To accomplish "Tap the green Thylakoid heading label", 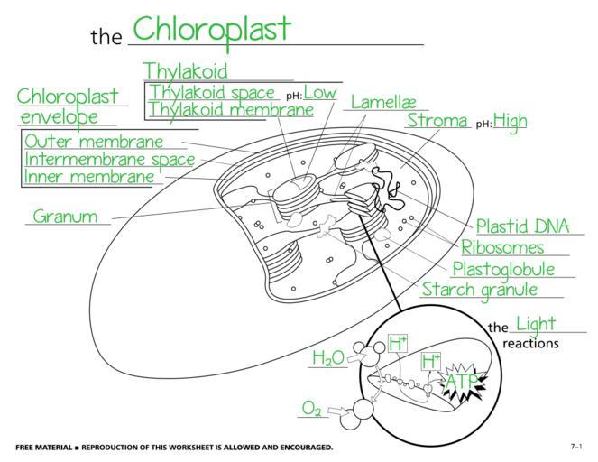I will (x=185, y=70).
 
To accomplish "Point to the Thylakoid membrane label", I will (x=231, y=109).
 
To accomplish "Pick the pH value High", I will (x=510, y=121).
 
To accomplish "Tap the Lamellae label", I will (x=382, y=102).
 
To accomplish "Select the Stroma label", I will (x=437, y=120).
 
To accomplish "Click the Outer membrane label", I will (x=94, y=142).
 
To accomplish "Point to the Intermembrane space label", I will (x=109, y=160).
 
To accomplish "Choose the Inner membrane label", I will (x=89, y=177).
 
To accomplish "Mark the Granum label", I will (x=65, y=217).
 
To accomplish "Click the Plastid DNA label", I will (x=517, y=226).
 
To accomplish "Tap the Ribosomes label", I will (x=502, y=247).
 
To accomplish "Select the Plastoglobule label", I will (x=502, y=269).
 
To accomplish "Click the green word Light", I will (x=536, y=324).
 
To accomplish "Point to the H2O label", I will (x=328, y=358).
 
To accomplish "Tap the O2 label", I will (x=311, y=409).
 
